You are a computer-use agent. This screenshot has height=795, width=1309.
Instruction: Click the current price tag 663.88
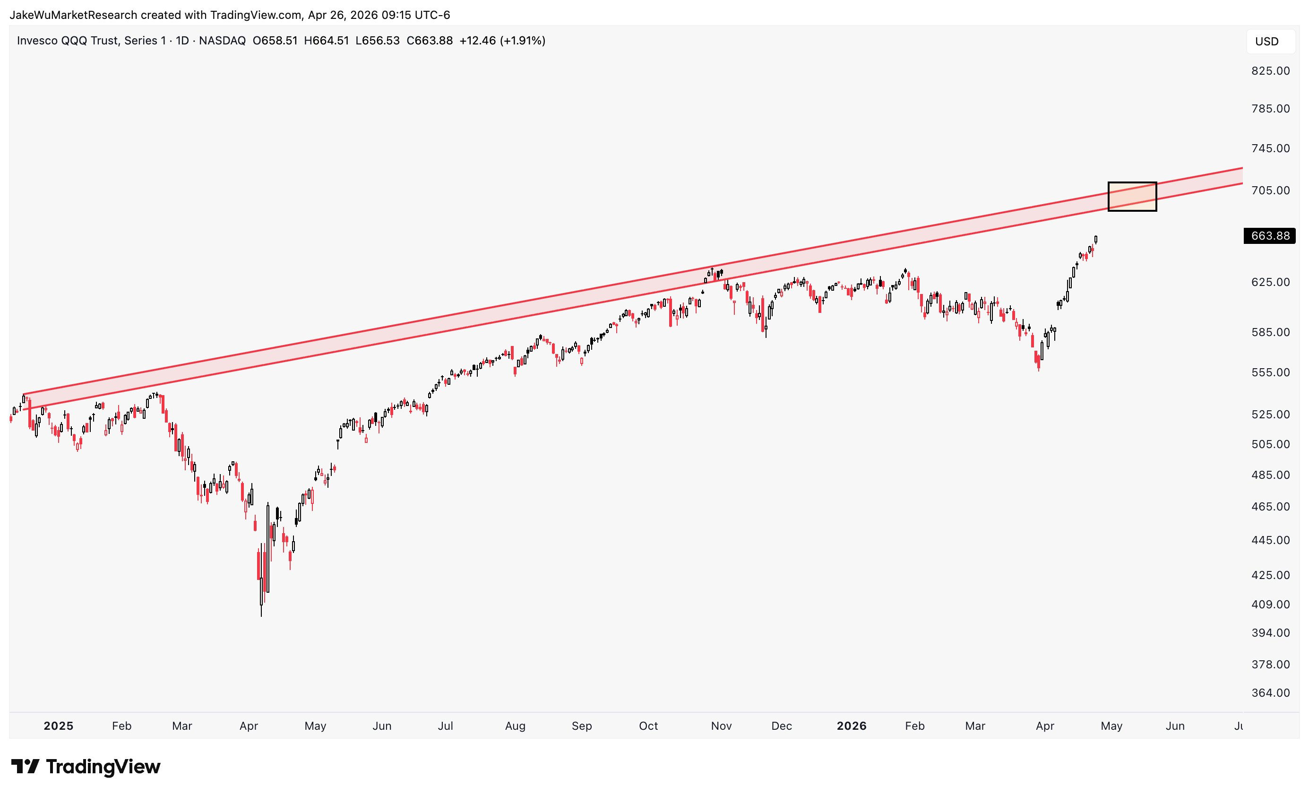point(1270,235)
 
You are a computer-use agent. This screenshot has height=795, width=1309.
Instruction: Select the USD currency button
point(1266,42)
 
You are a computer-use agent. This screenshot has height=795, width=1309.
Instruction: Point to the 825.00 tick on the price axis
point(1270,71)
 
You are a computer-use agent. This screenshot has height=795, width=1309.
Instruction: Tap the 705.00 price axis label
point(1270,190)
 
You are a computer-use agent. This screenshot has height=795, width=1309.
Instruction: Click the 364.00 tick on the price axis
point(1270,692)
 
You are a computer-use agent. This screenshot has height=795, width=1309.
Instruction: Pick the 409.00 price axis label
point(1270,604)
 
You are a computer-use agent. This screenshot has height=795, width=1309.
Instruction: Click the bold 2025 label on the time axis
point(59,726)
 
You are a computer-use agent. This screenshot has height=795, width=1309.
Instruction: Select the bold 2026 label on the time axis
point(851,726)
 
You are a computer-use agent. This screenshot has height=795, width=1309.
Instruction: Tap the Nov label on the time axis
point(721,726)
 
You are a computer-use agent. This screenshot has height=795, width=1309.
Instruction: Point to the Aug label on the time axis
point(515,726)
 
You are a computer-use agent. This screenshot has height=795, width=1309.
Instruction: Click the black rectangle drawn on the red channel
point(1132,197)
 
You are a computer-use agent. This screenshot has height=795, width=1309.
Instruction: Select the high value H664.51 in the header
point(326,41)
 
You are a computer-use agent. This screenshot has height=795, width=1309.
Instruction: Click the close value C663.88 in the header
point(429,41)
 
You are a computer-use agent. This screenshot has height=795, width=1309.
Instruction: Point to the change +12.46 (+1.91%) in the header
point(502,41)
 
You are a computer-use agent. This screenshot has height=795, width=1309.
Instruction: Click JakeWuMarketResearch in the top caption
point(73,15)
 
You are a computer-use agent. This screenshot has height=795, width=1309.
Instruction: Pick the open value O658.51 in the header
point(275,41)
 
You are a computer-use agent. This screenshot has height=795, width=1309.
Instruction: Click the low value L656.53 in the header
point(377,41)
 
